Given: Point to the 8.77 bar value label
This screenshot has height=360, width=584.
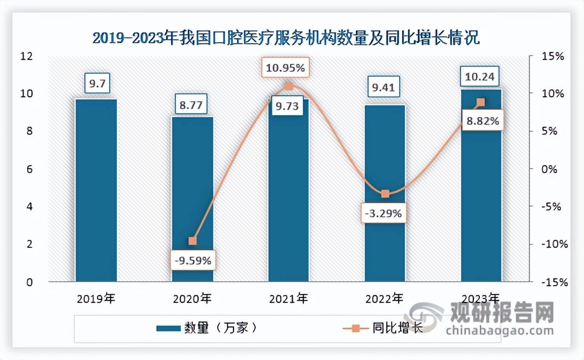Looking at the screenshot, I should coord(192,104).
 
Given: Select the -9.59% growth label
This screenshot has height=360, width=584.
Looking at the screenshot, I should coord(192,261).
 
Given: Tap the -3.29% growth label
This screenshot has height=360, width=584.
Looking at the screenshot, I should coord(385,213).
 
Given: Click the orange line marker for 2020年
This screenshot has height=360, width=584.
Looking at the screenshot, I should coord(192,241).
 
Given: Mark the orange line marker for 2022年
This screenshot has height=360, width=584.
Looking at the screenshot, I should coord(385,194).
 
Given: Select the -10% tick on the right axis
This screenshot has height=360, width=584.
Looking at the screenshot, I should coord(553,244).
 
